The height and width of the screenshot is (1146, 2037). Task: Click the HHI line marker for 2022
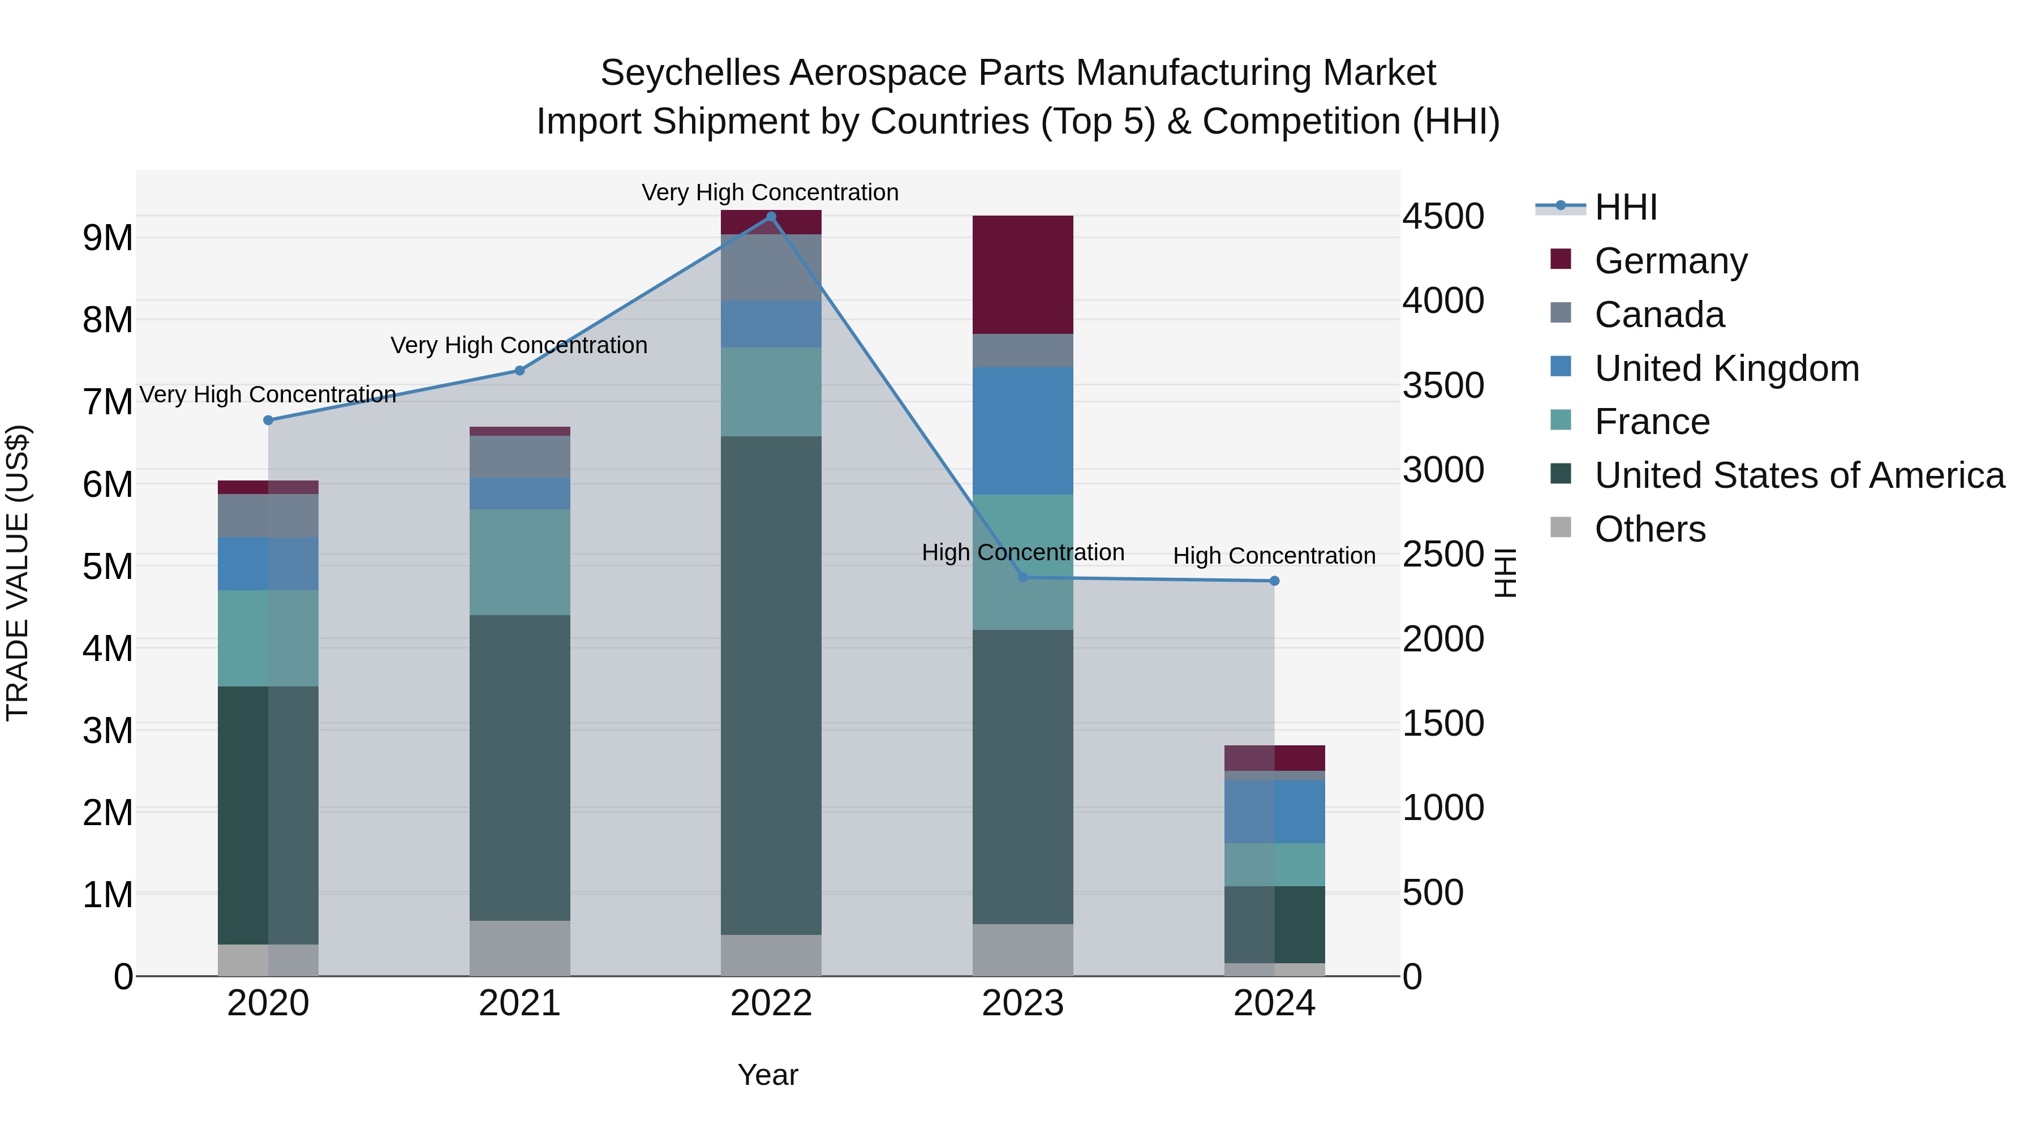(771, 217)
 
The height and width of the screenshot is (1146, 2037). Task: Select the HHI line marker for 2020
(268, 420)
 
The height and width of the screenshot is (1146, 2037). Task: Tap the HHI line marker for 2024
(1274, 581)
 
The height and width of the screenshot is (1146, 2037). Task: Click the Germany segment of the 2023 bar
(1022, 274)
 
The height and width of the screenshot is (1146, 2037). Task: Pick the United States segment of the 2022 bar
(771, 685)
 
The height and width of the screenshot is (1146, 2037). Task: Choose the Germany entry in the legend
(1670, 261)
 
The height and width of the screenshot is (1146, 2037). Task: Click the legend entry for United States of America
(1799, 475)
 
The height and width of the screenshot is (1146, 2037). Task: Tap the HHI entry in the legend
(1625, 207)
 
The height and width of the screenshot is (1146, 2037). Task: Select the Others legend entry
(1649, 529)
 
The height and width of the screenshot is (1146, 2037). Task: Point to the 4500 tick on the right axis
(1443, 217)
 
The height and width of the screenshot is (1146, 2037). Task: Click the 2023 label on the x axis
(1022, 1003)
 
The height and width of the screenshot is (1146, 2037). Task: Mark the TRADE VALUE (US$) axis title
(18, 573)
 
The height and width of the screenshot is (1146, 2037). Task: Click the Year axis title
(768, 1075)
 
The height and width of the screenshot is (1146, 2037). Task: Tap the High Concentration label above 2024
(1274, 556)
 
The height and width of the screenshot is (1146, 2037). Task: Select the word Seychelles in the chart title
(690, 73)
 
